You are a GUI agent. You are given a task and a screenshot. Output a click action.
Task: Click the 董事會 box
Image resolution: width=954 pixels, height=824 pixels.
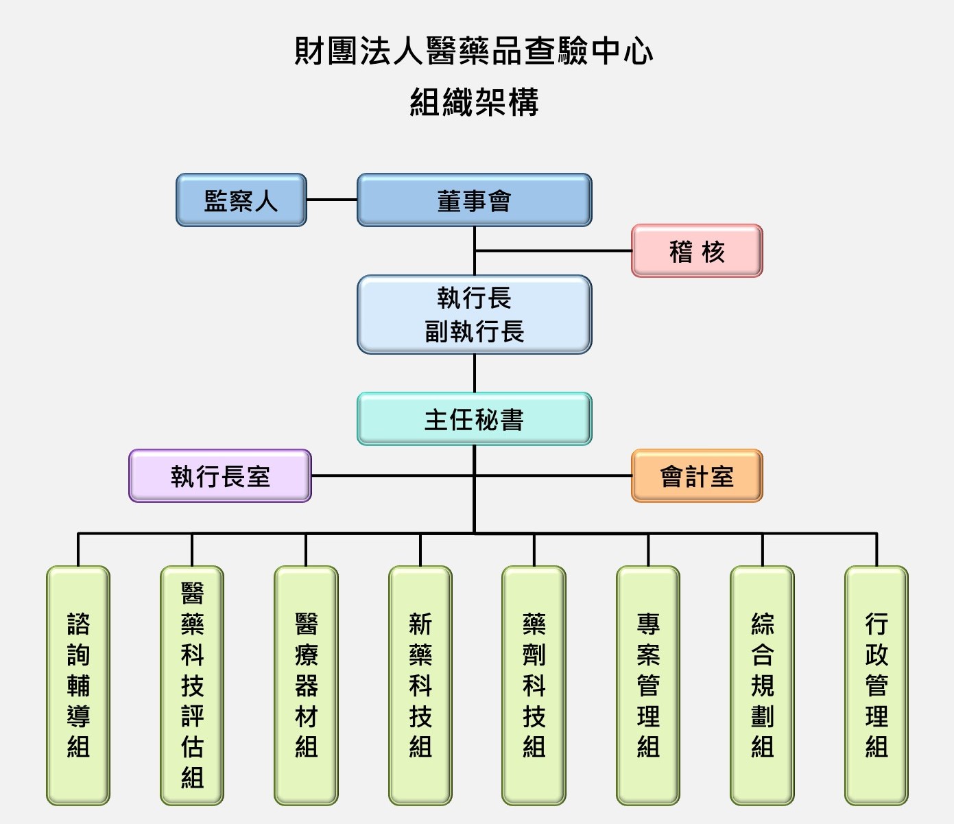(x=474, y=200)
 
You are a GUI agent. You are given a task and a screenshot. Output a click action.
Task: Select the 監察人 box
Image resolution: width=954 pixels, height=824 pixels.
(x=241, y=200)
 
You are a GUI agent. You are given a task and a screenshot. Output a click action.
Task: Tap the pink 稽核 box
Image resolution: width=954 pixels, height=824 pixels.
(x=697, y=251)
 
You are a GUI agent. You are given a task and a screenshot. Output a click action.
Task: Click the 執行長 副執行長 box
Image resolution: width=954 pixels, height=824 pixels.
(x=474, y=315)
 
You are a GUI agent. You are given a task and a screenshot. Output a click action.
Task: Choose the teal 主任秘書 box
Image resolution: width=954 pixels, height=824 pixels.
(x=474, y=419)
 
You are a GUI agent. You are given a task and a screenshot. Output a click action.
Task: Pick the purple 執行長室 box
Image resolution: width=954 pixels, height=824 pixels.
(x=220, y=476)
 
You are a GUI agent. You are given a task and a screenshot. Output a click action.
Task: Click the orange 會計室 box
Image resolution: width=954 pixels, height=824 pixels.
(x=697, y=476)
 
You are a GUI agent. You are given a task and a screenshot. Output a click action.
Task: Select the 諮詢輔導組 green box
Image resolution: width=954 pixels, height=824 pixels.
(x=78, y=685)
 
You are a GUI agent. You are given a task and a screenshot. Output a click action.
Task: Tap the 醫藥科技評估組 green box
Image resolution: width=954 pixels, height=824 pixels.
(x=192, y=685)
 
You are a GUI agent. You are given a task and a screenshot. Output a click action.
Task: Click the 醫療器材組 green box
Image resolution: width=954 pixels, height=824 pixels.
(x=306, y=685)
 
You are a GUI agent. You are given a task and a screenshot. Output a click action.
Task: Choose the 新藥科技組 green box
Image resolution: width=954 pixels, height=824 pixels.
(x=420, y=685)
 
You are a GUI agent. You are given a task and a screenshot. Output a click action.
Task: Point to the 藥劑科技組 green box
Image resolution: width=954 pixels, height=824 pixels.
(x=534, y=685)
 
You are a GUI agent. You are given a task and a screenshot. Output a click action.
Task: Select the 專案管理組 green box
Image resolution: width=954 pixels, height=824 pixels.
(x=648, y=685)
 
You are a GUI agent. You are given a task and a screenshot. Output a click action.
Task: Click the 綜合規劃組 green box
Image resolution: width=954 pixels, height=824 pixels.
(x=762, y=685)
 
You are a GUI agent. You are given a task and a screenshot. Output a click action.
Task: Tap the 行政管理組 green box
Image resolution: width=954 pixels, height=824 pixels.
(x=877, y=685)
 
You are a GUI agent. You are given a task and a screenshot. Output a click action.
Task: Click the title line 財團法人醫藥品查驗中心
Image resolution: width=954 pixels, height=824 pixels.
(x=474, y=51)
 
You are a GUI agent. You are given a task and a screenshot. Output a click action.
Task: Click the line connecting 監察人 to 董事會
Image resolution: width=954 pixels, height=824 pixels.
(x=332, y=200)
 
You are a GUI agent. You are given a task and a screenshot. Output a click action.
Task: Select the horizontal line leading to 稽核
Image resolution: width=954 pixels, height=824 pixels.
(x=553, y=251)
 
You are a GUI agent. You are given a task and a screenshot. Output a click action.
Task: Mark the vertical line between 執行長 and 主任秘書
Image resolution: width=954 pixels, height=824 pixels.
(x=475, y=373)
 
